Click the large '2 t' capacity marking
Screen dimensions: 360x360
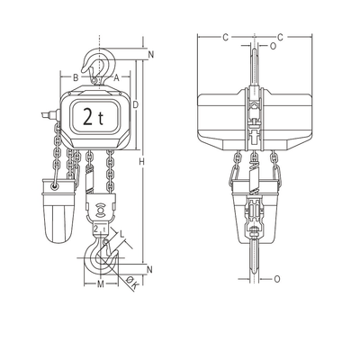(92, 116)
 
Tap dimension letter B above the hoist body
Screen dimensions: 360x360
(76, 78)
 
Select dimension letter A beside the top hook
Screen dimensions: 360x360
(117, 78)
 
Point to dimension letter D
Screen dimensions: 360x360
(135, 105)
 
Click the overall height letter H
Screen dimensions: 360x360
(142, 161)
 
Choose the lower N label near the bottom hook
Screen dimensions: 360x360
(149, 270)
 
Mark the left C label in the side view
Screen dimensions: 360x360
(225, 37)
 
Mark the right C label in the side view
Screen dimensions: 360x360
(281, 37)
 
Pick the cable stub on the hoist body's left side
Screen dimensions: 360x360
(46, 114)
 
